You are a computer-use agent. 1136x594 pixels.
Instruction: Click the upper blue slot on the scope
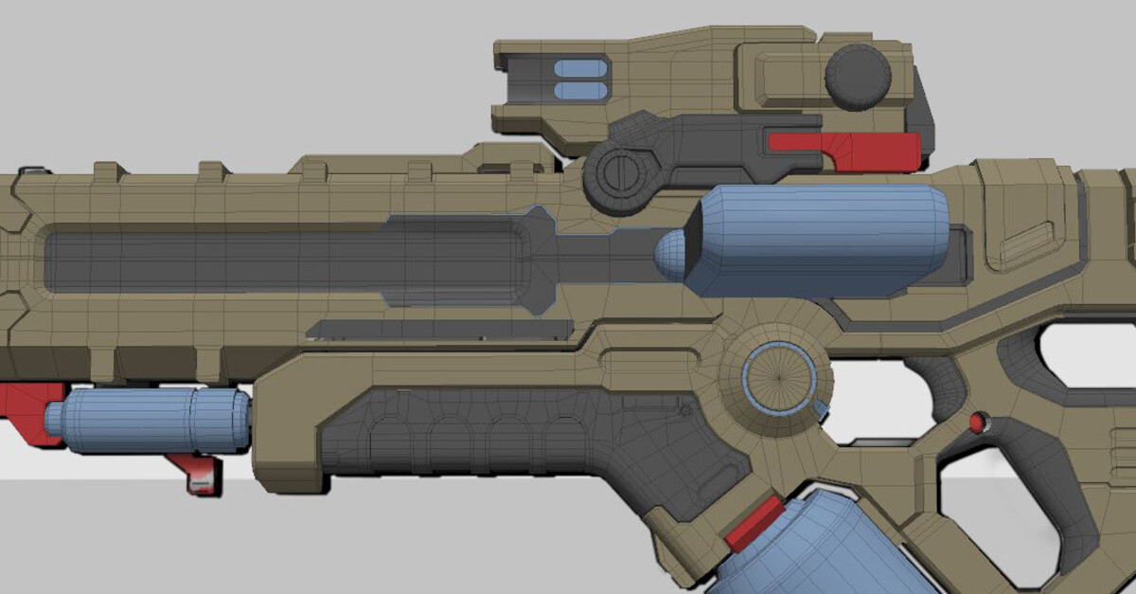click(579, 68)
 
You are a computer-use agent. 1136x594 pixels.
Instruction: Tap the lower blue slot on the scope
click(579, 90)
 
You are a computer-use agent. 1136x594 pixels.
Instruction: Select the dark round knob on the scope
click(858, 76)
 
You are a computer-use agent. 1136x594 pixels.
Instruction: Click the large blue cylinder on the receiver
click(820, 241)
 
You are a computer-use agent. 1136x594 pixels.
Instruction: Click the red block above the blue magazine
click(754, 524)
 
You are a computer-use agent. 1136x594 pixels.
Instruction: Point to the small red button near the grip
click(977, 422)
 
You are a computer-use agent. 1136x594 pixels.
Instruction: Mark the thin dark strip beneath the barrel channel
click(440, 329)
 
